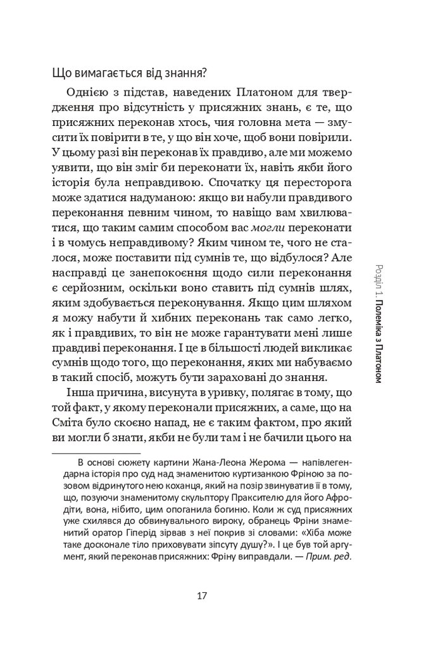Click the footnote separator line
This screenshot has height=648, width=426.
click(96, 454)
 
